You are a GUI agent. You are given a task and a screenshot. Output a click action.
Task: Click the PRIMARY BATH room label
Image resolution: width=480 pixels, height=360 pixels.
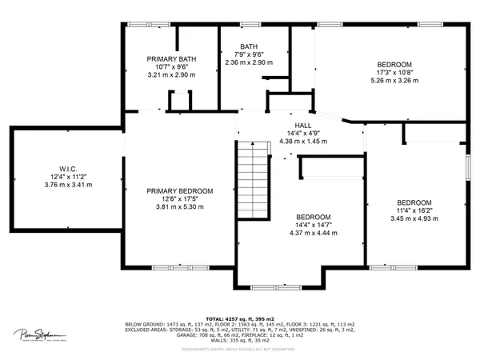click(171, 59)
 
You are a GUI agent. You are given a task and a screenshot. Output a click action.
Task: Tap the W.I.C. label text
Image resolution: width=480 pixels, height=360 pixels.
click(67, 169)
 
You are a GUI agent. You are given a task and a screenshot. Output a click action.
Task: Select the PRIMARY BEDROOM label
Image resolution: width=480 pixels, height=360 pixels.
click(179, 191)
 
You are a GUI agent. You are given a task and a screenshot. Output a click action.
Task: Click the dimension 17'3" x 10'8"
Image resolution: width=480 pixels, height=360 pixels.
click(394, 72)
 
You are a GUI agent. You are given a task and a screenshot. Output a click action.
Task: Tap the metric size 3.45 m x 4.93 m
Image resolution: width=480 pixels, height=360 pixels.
click(414, 218)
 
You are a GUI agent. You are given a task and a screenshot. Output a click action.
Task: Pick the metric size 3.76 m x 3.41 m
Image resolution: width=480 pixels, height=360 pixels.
click(67, 184)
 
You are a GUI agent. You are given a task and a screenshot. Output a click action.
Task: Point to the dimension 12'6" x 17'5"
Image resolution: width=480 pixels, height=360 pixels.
click(179, 199)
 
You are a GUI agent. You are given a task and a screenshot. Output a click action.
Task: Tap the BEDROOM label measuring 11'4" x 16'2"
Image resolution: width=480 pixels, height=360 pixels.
click(414, 202)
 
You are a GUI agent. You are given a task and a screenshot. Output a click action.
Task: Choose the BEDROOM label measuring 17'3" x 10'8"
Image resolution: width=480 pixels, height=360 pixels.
click(394, 64)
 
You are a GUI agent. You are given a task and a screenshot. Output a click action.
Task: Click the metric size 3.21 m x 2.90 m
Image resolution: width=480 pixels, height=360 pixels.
click(171, 74)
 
